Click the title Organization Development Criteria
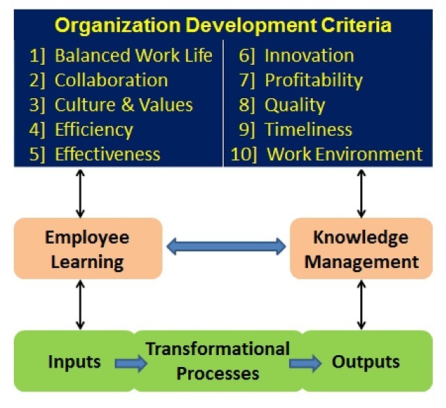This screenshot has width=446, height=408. point(223,26)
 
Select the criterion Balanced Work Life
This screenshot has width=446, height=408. point(133,55)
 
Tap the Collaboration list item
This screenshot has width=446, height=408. point(111,80)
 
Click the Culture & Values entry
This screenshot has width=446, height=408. point(124,104)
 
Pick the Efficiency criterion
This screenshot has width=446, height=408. point(94,130)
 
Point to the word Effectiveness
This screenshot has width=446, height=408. point(107,154)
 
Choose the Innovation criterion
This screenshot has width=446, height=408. point(309,55)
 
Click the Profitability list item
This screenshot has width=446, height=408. point(314,80)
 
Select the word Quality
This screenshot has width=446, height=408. point(295,105)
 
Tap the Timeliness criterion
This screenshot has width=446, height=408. point(308,130)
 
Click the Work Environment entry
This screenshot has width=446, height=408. point(344,154)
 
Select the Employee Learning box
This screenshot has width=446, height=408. point(89,249)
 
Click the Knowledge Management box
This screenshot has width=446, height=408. point(361,249)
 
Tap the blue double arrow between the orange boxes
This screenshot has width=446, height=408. point(226,246)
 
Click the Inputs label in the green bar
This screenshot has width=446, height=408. point(75,362)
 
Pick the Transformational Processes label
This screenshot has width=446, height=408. point(217,361)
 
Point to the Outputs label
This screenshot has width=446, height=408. point(366,362)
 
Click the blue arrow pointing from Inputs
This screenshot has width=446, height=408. point(131,363)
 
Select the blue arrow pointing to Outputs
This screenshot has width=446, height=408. point(305,363)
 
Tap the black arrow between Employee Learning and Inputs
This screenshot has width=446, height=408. point(80,304)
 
